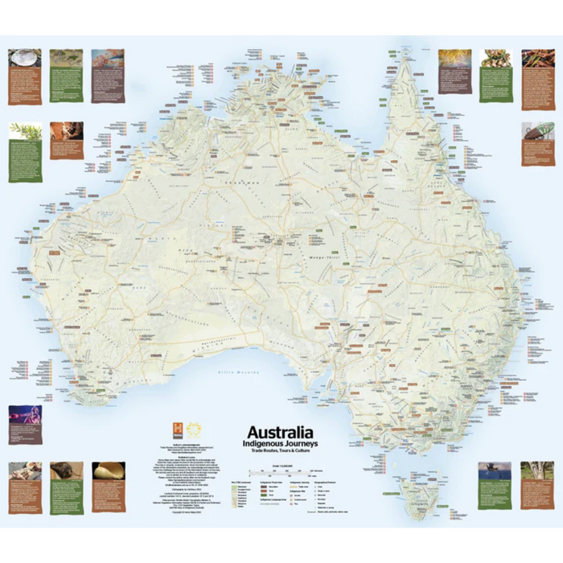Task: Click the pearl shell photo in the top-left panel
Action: point(24,58)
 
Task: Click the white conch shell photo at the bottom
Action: point(108,470)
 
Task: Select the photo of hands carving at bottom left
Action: point(25,471)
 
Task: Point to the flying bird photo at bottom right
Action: point(494,471)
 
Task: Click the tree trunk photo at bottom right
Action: point(536,471)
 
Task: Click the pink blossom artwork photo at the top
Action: point(108,58)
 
